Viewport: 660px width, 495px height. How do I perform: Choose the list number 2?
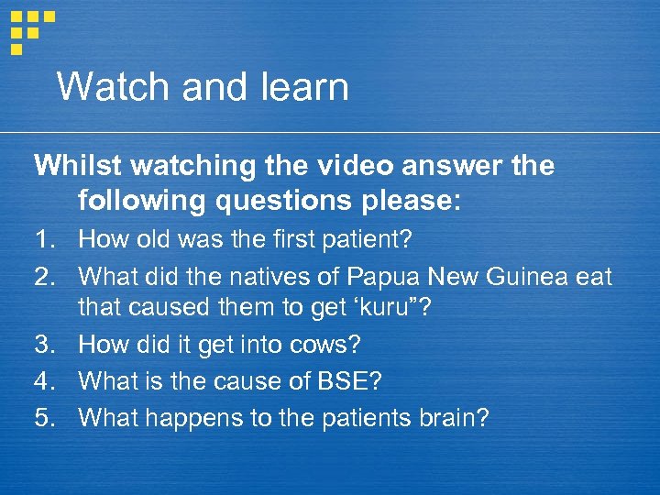tap(45, 275)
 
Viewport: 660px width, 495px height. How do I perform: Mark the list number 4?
tap(45, 382)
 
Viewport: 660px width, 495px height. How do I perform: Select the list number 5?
tap(45, 418)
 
